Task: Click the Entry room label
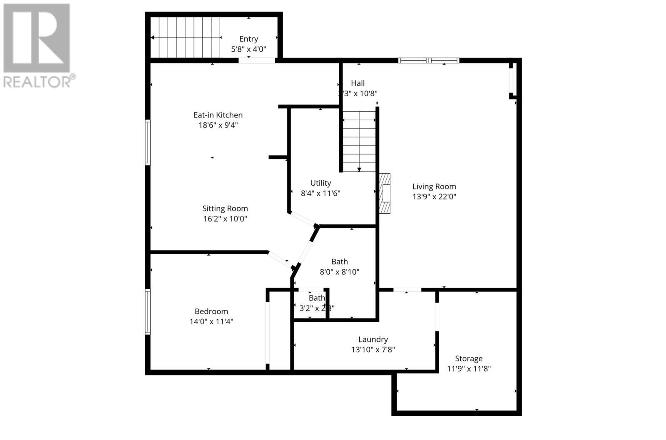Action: point(249,39)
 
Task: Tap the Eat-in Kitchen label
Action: point(218,115)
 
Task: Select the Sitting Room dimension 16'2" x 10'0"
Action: point(225,219)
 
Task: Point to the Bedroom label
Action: point(211,311)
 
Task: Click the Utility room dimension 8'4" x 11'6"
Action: point(321,193)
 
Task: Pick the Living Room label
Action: point(434,186)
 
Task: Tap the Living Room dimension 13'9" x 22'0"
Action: point(434,196)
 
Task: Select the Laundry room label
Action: point(373,339)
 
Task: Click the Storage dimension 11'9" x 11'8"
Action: point(469,368)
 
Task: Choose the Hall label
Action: point(358,83)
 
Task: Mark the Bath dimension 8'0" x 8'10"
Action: point(339,272)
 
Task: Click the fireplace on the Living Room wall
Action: point(385,194)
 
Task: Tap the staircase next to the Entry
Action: point(185,37)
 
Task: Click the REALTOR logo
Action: point(37,46)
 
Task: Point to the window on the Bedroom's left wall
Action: point(148,311)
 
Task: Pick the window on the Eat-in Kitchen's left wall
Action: point(148,142)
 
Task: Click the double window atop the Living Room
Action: point(429,61)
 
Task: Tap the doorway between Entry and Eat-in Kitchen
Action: point(256,61)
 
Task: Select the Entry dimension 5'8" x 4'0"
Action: point(249,49)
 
